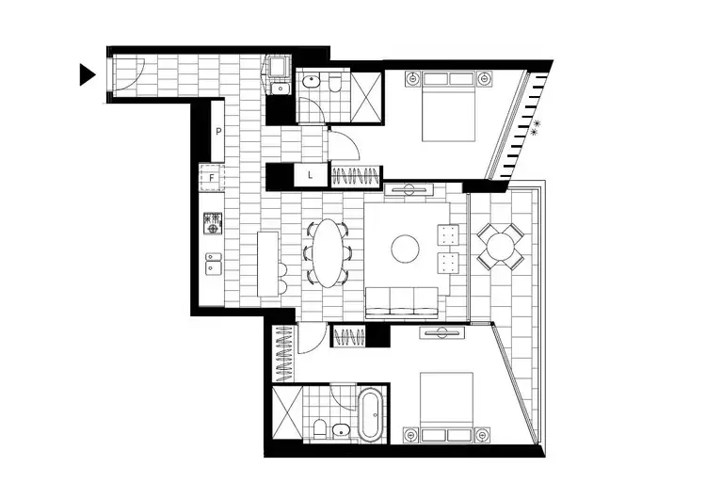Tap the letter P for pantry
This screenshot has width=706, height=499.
(217, 132)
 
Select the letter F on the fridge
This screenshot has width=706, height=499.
(213, 176)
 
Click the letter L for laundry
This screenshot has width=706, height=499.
(310, 176)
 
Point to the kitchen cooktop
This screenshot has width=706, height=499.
(213, 223)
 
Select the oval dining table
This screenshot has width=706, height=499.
(329, 251)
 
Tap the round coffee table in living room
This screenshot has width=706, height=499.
(406, 249)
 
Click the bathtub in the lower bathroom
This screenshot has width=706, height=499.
(369, 415)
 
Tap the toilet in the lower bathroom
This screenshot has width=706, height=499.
(319, 430)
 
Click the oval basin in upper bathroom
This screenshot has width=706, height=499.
(312, 85)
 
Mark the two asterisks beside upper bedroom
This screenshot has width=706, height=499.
(536, 129)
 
